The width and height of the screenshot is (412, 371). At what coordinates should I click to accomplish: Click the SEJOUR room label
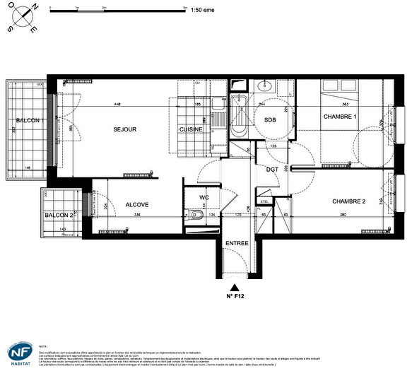coord(124,129)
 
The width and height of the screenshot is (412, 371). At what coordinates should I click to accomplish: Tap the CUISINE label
coord(191,130)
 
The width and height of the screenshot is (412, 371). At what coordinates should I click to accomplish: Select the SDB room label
coord(270,119)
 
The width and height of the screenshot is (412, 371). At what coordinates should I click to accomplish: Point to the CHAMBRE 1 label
coord(340,116)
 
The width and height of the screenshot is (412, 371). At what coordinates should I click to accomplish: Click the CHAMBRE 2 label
coord(350,201)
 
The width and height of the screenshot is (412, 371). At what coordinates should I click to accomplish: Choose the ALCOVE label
coord(137,205)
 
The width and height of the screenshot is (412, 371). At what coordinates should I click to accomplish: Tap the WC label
coord(204,197)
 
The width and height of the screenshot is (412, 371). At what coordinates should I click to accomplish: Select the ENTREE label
coord(236,244)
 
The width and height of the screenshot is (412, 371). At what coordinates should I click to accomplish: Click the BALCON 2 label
coord(59,215)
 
